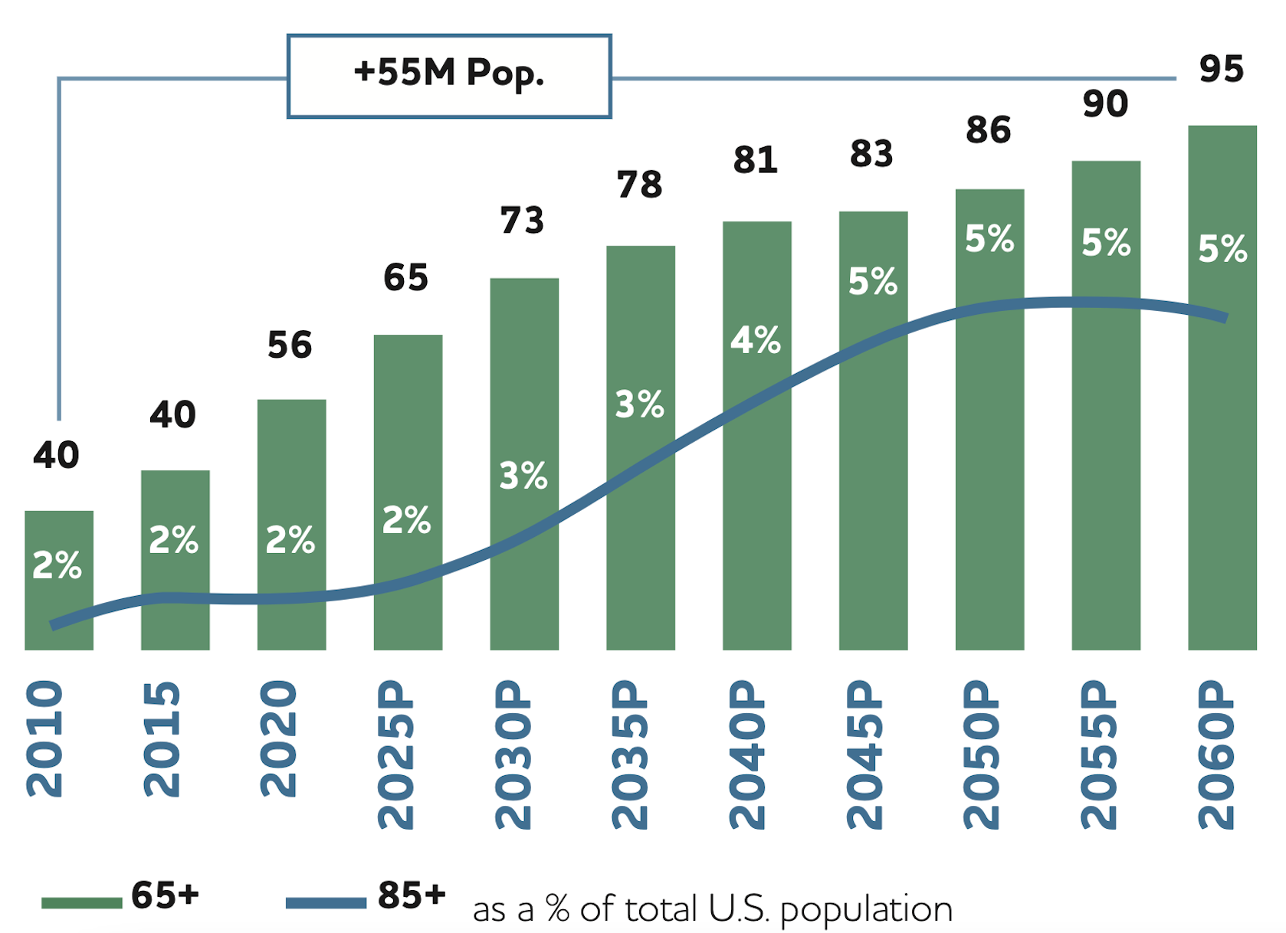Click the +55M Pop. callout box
pyautogui.click(x=449, y=75)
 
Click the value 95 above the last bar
pyautogui.click(x=1221, y=69)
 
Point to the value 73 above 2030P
pyautogui.click(x=522, y=221)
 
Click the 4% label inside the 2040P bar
pyautogui.click(x=755, y=339)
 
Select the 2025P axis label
pyautogui.click(x=396, y=755)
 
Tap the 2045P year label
pyautogui.click(x=865, y=755)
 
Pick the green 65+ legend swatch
pyautogui.click(x=81, y=902)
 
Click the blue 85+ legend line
pyautogui.click(x=326, y=902)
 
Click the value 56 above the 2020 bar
pyautogui.click(x=290, y=345)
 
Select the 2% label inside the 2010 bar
pyautogui.click(x=57, y=565)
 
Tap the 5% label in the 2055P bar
pyautogui.click(x=1105, y=243)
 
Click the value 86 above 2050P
pyautogui.click(x=988, y=130)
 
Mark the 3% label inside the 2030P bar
pyautogui.click(x=523, y=476)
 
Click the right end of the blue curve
pyautogui.click(x=1225, y=316)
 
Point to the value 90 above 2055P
pyautogui.click(x=1105, y=103)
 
